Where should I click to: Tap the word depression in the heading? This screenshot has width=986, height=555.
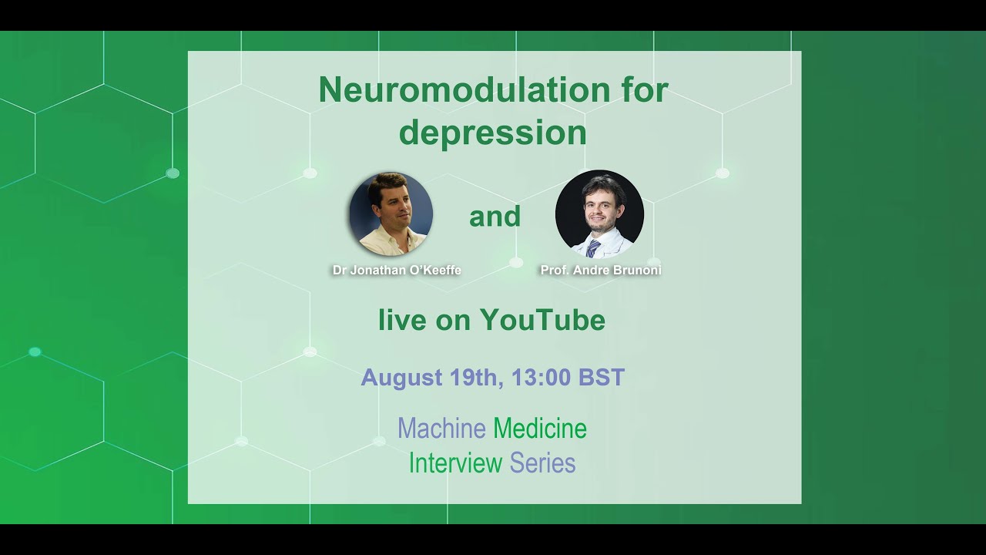493,133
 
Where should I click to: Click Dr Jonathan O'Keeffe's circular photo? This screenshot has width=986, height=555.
391,214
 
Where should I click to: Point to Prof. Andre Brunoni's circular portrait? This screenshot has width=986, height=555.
599,214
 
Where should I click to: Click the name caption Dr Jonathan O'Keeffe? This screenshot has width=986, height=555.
397,271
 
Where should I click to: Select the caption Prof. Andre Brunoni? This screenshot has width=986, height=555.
601,271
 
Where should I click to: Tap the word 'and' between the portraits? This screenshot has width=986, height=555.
495,217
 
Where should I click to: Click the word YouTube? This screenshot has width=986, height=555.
542,320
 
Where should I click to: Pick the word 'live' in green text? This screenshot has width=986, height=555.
401,320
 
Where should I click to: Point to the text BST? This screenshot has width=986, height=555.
601,378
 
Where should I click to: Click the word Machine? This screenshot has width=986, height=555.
441,429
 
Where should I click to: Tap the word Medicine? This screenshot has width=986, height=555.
540,429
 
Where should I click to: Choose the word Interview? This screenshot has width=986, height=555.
455,462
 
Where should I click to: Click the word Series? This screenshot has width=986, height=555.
543,462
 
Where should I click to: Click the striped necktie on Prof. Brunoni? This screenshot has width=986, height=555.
593,248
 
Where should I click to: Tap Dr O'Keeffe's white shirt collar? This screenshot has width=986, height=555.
390,239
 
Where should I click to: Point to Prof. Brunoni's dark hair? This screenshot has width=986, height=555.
601,185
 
